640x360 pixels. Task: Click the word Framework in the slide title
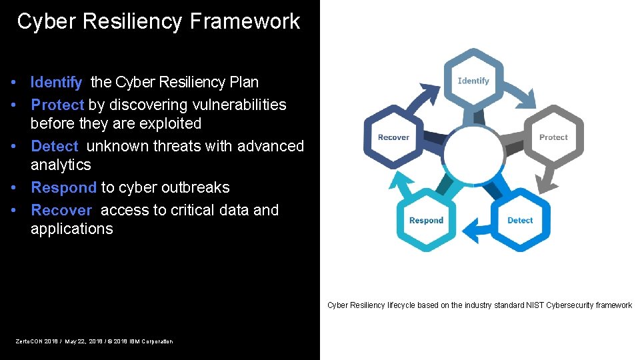pyautogui.click(x=245, y=21)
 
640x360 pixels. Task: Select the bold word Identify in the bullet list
pyautogui.click(x=56, y=83)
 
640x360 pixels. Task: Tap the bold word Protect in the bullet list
pyautogui.click(x=57, y=105)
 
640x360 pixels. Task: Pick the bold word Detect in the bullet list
pyautogui.click(x=55, y=146)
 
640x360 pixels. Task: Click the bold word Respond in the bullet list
pyautogui.click(x=63, y=188)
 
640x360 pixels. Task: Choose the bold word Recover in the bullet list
pyautogui.click(x=61, y=211)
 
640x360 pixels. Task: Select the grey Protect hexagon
pyautogui.click(x=553, y=137)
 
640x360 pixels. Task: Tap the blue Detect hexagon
pyautogui.click(x=520, y=220)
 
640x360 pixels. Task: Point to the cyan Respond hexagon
pyautogui.click(x=426, y=220)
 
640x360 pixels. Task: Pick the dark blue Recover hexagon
pyautogui.click(x=393, y=137)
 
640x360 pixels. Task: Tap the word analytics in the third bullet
pyautogui.click(x=61, y=165)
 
